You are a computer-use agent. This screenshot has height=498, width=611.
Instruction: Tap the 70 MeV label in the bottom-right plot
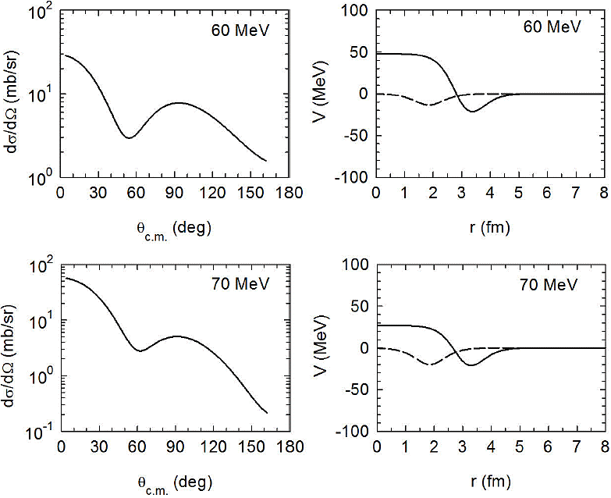551,285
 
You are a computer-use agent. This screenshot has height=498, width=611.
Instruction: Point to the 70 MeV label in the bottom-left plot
240,283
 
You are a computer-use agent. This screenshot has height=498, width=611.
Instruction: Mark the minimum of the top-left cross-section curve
129,137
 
